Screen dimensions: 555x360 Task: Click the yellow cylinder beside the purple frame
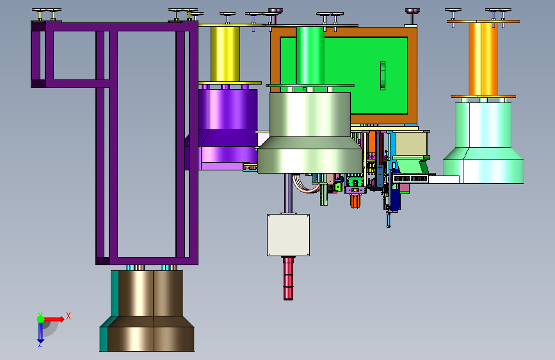click(x=225, y=54)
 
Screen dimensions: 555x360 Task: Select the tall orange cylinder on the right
click(x=483, y=59)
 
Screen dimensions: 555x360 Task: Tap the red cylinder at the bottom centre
click(x=289, y=278)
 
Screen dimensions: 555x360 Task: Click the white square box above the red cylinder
click(x=289, y=235)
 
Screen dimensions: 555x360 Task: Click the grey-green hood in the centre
click(x=310, y=133)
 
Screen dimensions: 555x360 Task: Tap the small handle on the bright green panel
click(x=383, y=76)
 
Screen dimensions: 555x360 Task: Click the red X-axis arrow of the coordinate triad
click(x=53, y=319)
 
